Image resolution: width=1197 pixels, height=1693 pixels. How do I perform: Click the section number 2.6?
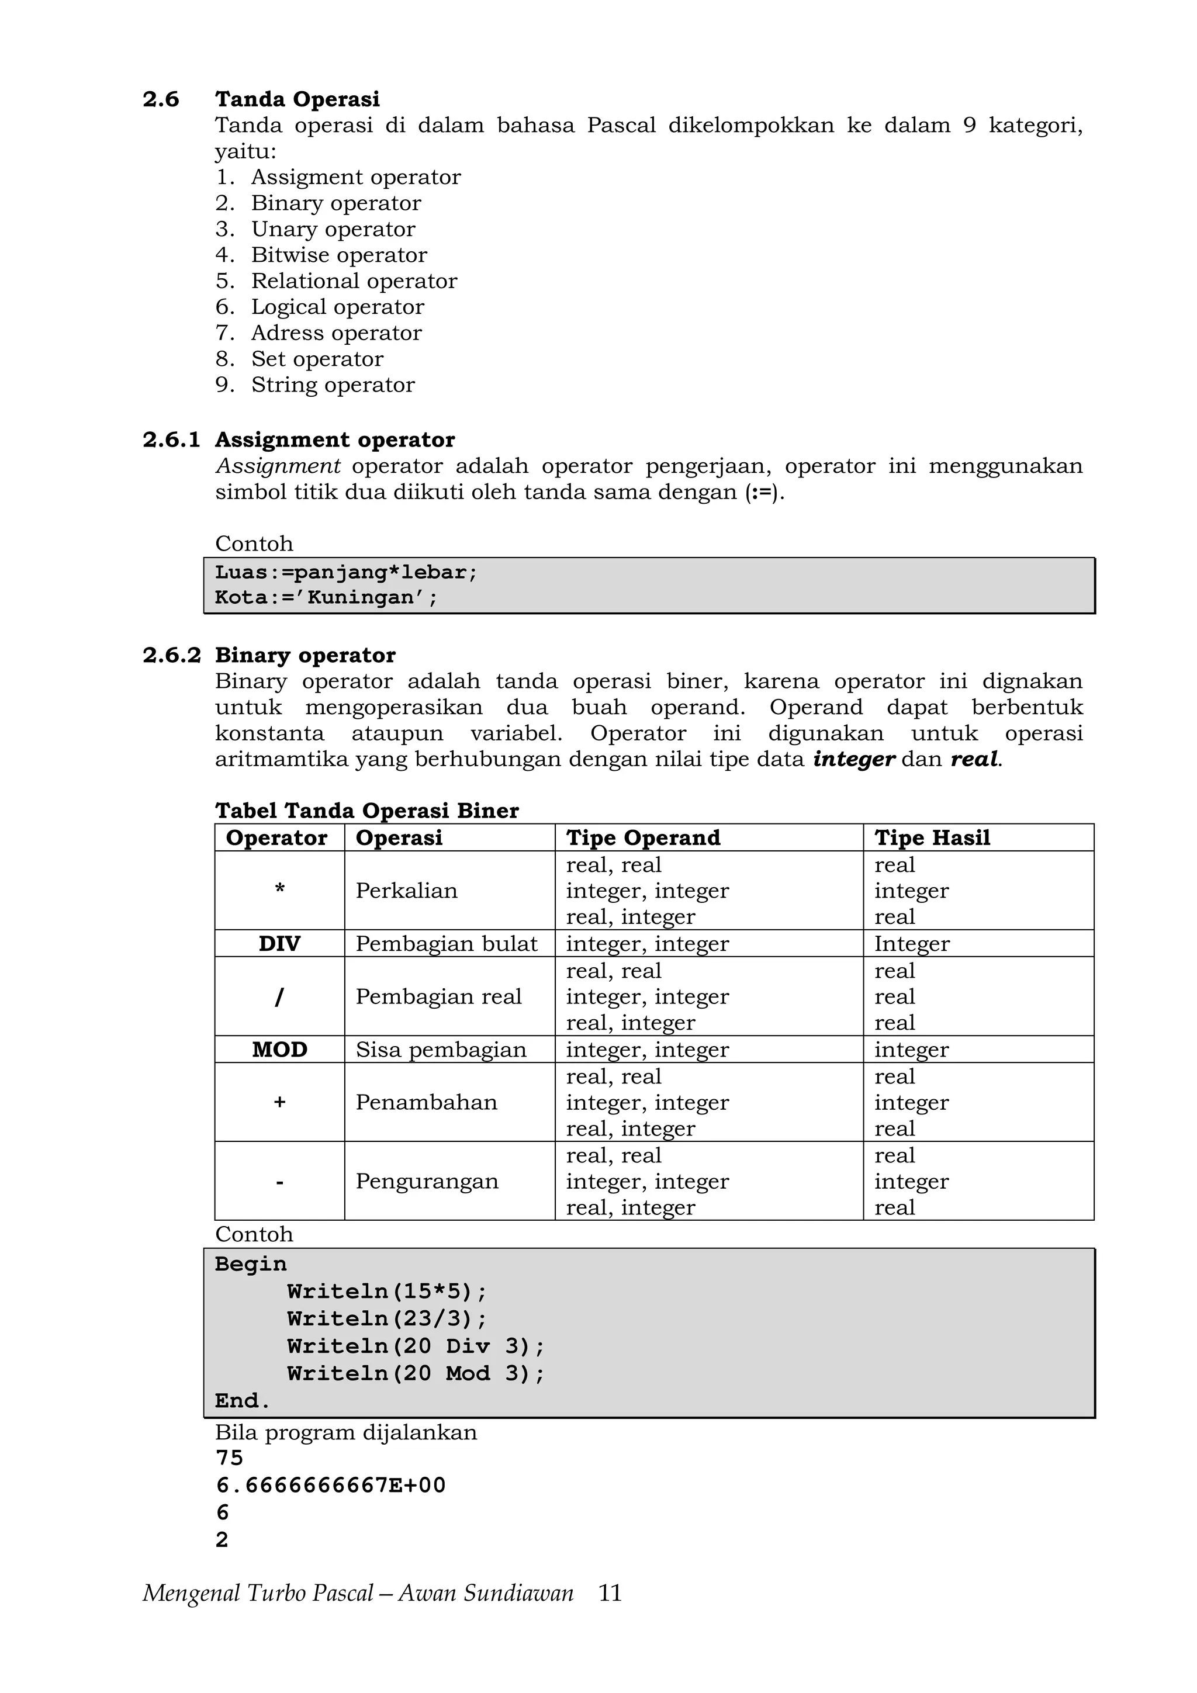coord(161,99)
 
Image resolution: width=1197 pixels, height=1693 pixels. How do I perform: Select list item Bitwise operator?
coord(338,255)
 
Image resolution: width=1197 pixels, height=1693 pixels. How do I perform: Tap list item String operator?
coord(333,385)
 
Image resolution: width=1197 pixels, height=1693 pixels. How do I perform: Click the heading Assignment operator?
coord(335,439)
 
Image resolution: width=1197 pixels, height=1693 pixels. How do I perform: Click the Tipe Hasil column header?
coord(932,837)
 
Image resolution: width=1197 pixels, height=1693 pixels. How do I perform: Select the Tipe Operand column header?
coord(642,837)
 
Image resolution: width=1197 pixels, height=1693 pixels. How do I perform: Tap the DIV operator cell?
coord(279,944)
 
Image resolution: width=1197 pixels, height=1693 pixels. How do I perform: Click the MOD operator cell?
coord(279,1049)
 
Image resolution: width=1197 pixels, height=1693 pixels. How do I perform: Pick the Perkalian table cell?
coord(406,891)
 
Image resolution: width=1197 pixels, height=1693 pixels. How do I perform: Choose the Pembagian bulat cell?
coord(446,944)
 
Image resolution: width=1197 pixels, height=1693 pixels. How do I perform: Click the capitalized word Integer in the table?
coord(912,944)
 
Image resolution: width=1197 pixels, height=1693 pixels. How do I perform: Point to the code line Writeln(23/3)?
coord(387,1319)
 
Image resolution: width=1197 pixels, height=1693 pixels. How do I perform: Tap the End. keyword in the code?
coord(243,1401)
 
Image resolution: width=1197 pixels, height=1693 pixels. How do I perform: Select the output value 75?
coord(229,1457)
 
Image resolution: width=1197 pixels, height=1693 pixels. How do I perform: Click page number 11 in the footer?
coord(610,1594)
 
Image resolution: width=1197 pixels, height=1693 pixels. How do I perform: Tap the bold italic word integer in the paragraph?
coord(853,760)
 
